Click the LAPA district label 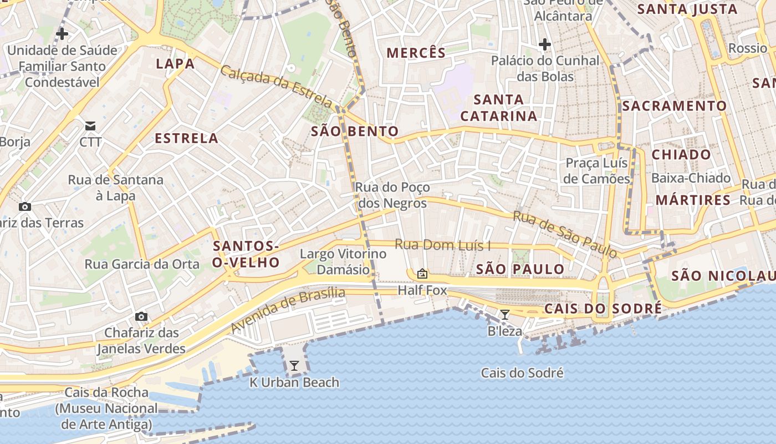pyautogui.click(x=175, y=64)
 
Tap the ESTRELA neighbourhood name pyautogui.click(x=186, y=138)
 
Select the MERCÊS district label pyautogui.click(x=416, y=53)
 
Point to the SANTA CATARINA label pyautogui.click(x=499, y=108)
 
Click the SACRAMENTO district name pyautogui.click(x=674, y=106)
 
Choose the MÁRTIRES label pyautogui.click(x=693, y=200)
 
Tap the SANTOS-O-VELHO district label pyautogui.click(x=246, y=254)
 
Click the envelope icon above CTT pyautogui.click(x=90, y=126)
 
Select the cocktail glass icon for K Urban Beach pyautogui.click(x=294, y=366)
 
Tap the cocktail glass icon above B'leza pyautogui.click(x=504, y=315)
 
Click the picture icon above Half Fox pyautogui.click(x=422, y=274)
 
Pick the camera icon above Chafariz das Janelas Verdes pyautogui.click(x=141, y=316)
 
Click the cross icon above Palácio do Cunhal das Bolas pyautogui.click(x=545, y=44)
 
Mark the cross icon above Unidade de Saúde pyautogui.click(x=62, y=34)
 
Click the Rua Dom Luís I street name pyautogui.click(x=442, y=245)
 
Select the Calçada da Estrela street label pyautogui.click(x=275, y=87)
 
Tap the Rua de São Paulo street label pyautogui.click(x=565, y=234)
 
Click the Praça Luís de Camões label pyautogui.click(x=596, y=170)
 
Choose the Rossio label pyautogui.click(x=747, y=48)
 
